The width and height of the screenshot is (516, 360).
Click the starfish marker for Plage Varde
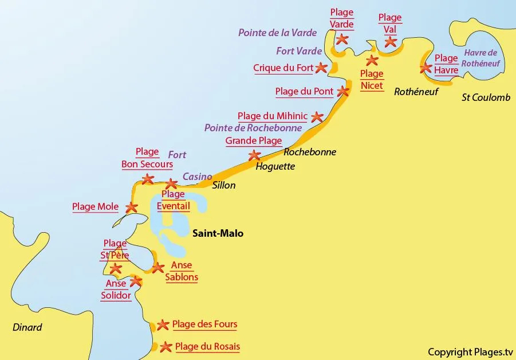point(342,39)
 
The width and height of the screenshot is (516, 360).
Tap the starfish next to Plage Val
point(391,41)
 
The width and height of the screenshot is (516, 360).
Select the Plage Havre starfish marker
point(426,68)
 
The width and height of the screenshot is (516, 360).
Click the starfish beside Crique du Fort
point(321,68)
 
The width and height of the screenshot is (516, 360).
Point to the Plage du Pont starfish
point(343,91)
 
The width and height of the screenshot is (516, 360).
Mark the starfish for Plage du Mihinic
point(317,116)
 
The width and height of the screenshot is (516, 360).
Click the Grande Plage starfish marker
point(254,155)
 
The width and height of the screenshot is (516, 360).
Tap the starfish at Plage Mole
point(131,207)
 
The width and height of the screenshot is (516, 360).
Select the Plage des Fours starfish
point(163,325)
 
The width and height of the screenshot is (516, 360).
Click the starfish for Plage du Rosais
point(166,347)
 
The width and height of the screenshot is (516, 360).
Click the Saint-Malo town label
point(218,233)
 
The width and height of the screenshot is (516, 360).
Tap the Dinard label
point(27,327)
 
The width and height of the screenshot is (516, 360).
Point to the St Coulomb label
point(486,97)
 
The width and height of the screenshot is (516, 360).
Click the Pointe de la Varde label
point(277,33)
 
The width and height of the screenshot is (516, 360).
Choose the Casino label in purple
point(197,177)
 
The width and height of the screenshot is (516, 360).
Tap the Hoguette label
point(275,167)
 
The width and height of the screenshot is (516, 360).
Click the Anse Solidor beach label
point(116,289)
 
